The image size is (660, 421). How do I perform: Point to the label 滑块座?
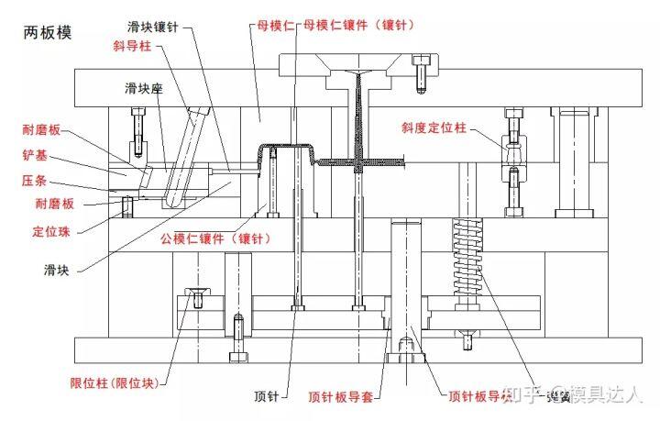pyautogui.click(x=144, y=88)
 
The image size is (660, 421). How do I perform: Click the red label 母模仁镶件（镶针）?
pyautogui.click(x=358, y=25)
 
